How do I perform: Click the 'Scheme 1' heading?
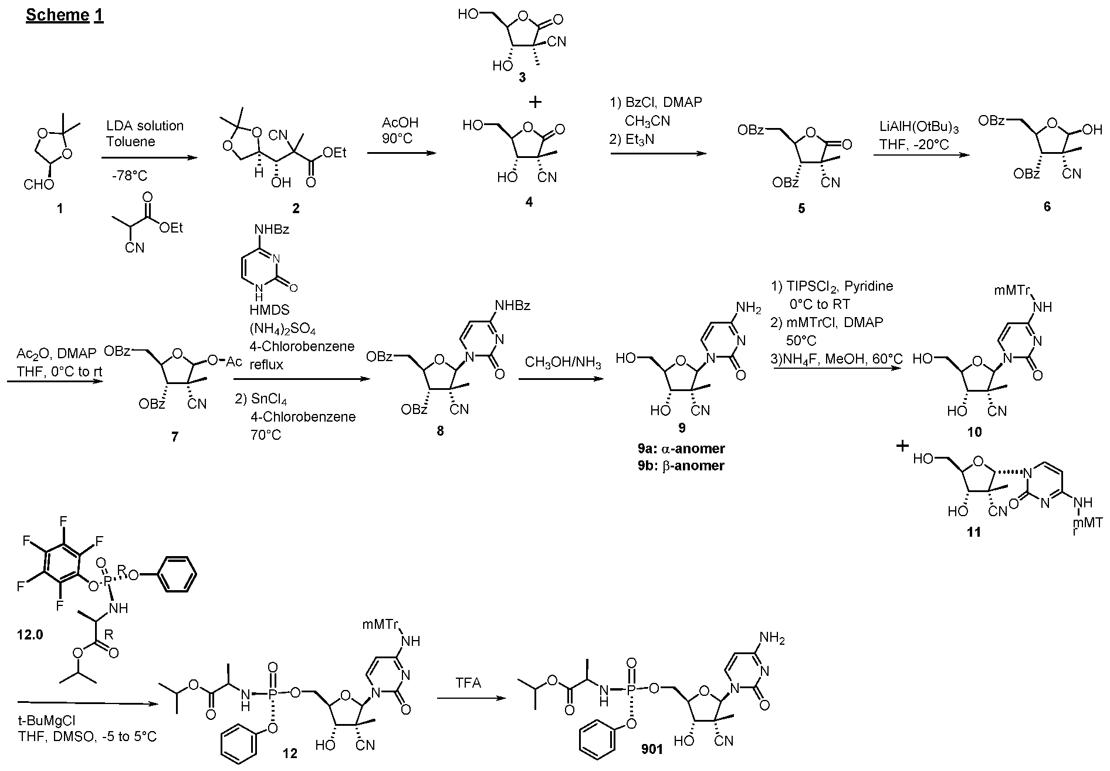[65, 15]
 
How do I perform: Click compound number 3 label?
[522, 77]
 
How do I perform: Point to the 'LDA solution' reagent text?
[145, 126]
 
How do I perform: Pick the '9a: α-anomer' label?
[681, 449]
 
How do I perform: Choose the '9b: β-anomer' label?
[681, 466]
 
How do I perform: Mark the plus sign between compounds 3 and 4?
[535, 102]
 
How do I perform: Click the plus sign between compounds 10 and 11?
[902, 446]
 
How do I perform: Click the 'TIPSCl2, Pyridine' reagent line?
[831, 287]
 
